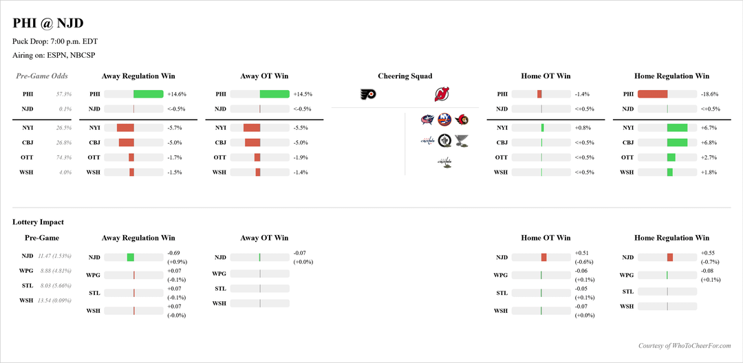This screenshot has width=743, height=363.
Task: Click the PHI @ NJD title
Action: pyautogui.click(x=48, y=23)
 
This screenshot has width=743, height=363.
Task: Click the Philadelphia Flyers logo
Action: pyautogui.click(x=368, y=95)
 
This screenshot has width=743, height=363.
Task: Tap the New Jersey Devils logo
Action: pyautogui.click(x=442, y=95)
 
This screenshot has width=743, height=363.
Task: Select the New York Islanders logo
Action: pyautogui.click(x=445, y=121)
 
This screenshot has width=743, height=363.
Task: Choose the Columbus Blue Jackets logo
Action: pyautogui.click(x=427, y=121)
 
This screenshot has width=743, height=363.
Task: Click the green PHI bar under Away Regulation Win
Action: pyautogui.click(x=148, y=94)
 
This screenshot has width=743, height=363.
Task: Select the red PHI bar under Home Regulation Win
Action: pyautogui.click(x=652, y=94)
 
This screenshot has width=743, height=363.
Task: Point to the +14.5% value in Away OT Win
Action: pyautogui.click(x=303, y=94)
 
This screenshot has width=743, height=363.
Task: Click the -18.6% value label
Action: pyautogui.click(x=709, y=94)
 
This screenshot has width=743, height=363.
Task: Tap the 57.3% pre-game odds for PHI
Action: pyautogui.click(x=64, y=94)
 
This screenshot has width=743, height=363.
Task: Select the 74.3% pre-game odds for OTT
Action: pyautogui.click(x=64, y=157)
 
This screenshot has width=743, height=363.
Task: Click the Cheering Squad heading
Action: pyautogui.click(x=405, y=76)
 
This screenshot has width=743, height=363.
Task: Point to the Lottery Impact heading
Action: pyautogui.click(x=38, y=222)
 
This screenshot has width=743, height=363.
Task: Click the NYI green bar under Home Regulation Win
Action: pyautogui.click(x=677, y=128)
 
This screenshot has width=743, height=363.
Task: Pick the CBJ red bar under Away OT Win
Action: pyautogui.click(x=252, y=143)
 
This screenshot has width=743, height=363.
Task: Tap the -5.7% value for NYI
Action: pyautogui.click(x=175, y=128)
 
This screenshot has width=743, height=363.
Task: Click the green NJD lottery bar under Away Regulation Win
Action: pyautogui.click(x=130, y=257)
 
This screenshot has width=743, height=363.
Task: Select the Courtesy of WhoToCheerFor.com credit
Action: pyautogui.click(x=685, y=346)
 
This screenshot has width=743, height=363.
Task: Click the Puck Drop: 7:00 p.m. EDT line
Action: pyautogui.click(x=55, y=41)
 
